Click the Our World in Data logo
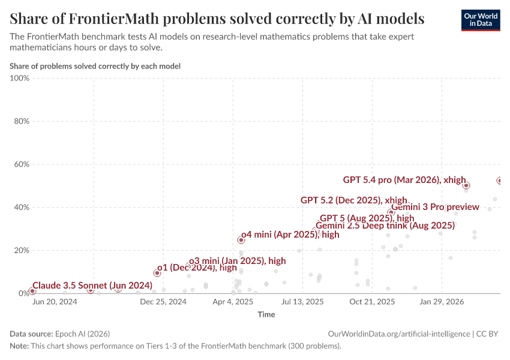click(480, 20)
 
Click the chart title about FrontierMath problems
click(217, 19)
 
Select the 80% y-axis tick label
click(21, 121)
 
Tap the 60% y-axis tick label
click(21, 164)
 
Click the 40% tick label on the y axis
click(21, 208)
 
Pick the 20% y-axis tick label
click(21, 251)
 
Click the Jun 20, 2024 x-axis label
click(54, 302)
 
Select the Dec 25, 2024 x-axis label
click(163, 302)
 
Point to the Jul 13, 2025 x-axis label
click(302, 302)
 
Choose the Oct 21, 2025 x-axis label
click(372, 302)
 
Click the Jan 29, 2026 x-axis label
click(442, 302)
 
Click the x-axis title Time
click(266, 314)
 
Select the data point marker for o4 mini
click(241, 240)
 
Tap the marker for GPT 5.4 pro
click(466, 185)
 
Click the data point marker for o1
click(157, 273)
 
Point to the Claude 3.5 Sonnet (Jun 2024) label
click(92, 285)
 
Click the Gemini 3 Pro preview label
click(435, 207)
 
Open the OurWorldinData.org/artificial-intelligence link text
click(399, 334)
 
